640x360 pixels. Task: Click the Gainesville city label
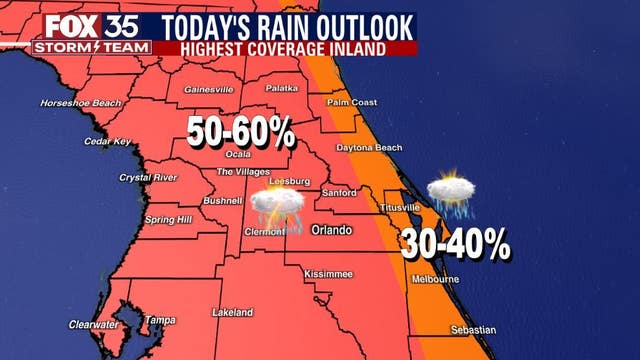tap(208, 89)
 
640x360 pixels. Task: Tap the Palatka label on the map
tap(282, 88)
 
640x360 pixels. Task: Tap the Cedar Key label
tap(108, 141)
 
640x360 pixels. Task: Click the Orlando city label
tap(332, 230)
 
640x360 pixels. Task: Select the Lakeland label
tap(233, 313)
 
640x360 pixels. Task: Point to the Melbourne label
tap(434, 278)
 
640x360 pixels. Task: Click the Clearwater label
tap(93, 324)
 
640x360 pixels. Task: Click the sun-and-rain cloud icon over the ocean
tap(452, 193)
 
